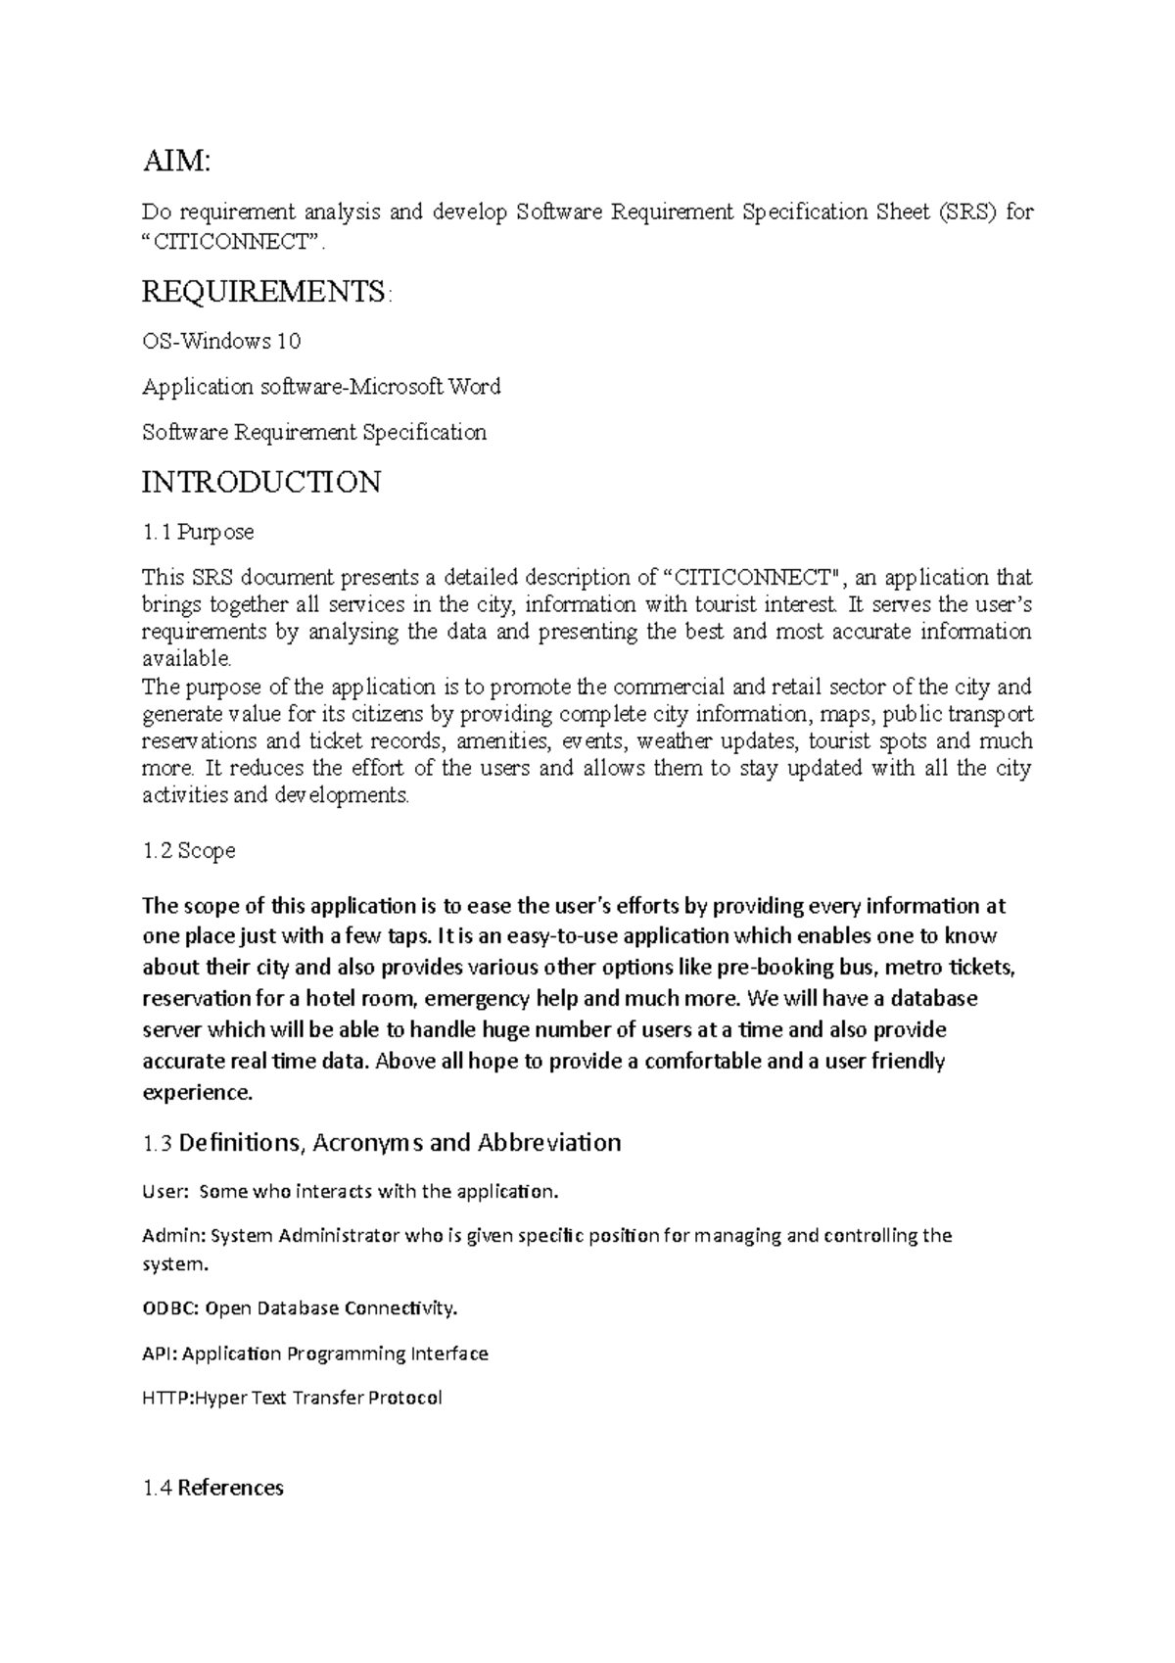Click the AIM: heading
[176, 161]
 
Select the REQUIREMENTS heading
[265, 291]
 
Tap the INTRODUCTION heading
[261, 482]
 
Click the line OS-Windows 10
[221, 342]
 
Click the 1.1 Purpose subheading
[198, 532]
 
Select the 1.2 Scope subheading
[189, 850]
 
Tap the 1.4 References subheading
[213, 1488]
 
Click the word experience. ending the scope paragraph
[197, 1092]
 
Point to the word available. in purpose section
[187, 657]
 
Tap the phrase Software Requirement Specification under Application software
[314, 432]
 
